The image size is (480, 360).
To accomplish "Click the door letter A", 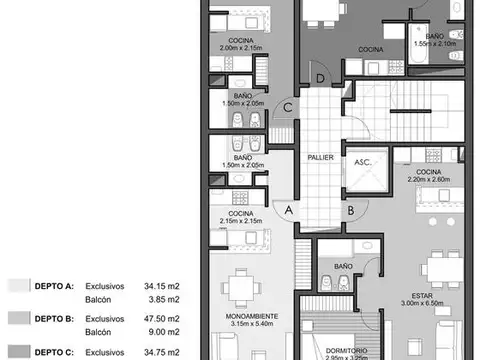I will [x=288, y=210].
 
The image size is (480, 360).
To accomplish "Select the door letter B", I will [x=351, y=210].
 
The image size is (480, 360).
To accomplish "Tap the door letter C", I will [x=287, y=108].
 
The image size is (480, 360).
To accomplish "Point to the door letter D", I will [x=319, y=78].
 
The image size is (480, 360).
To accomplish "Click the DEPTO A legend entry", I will [x=55, y=285].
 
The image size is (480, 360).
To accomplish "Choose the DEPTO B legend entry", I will [x=55, y=318].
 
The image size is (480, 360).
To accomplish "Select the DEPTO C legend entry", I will [x=55, y=351].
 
